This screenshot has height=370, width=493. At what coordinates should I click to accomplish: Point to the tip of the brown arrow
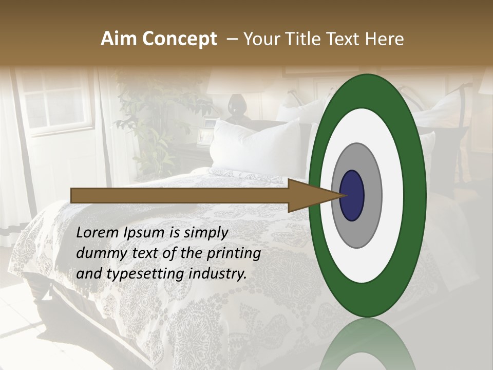(x=343, y=195)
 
